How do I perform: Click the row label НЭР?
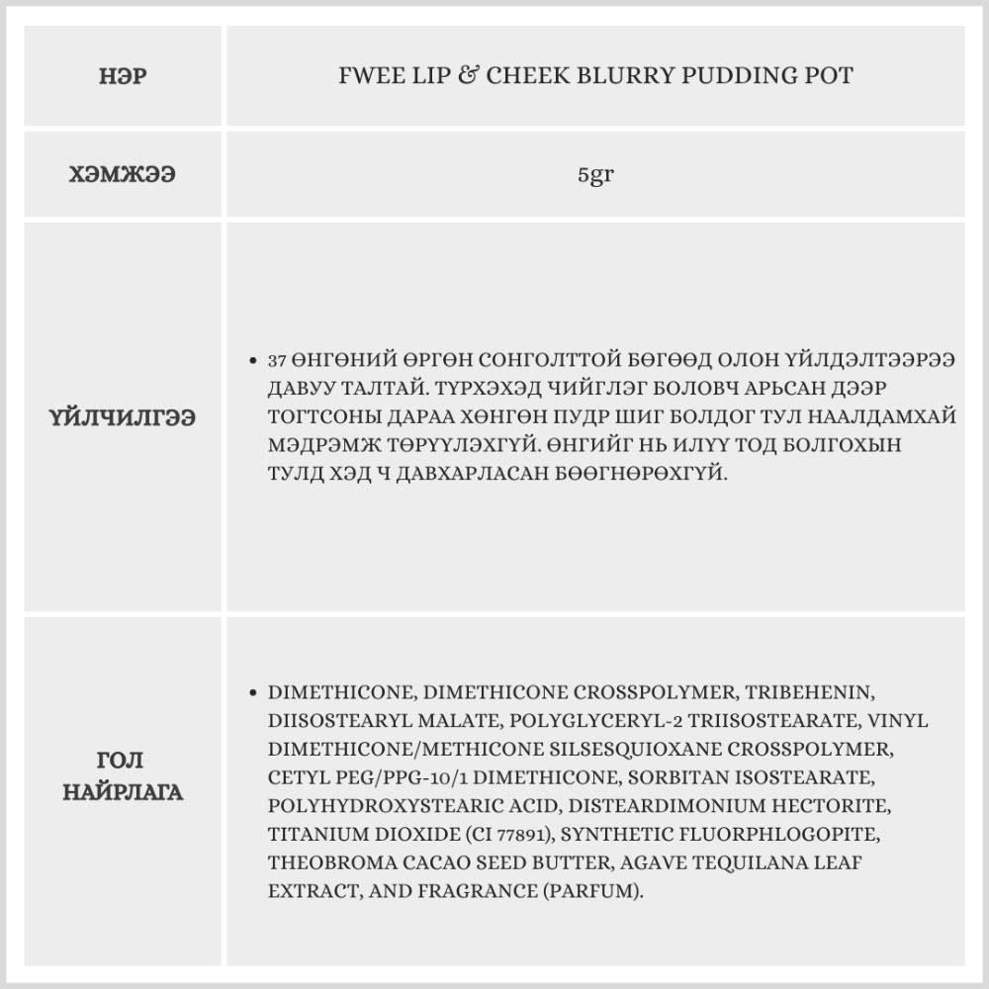124,75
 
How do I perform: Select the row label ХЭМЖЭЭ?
124,175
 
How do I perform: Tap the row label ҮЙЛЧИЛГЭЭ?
124,417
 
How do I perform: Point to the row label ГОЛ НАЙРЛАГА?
124,776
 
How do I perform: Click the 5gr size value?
595,175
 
